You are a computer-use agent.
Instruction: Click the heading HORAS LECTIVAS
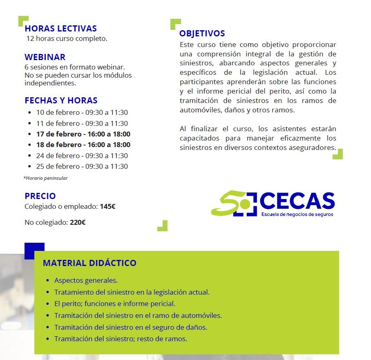(x=60, y=29)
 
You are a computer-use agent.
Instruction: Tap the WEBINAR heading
(x=45, y=57)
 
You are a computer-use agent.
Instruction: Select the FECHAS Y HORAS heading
(x=61, y=101)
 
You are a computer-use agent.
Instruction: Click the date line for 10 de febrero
(x=82, y=113)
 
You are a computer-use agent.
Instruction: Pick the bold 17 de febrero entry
(x=83, y=134)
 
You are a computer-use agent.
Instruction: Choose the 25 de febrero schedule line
(x=82, y=166)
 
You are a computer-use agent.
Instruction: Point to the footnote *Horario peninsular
(x=46, y=178)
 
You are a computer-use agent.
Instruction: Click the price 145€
(x=107, y=207)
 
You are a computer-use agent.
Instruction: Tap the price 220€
(x=78, y=223)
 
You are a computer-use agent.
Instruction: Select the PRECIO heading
(x=40, y=196)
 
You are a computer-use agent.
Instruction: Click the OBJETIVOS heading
(x=202, y=34)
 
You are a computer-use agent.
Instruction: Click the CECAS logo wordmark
(x=297, y=201)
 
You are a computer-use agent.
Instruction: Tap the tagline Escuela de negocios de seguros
(x=297, y=215)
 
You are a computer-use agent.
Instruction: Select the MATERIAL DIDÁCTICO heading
(x=89, y=263)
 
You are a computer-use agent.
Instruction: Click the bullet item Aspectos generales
(x=86, y=281)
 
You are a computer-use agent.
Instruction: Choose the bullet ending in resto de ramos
(x=121, y=339)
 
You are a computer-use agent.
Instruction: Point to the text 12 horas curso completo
(x=67, y=39)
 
